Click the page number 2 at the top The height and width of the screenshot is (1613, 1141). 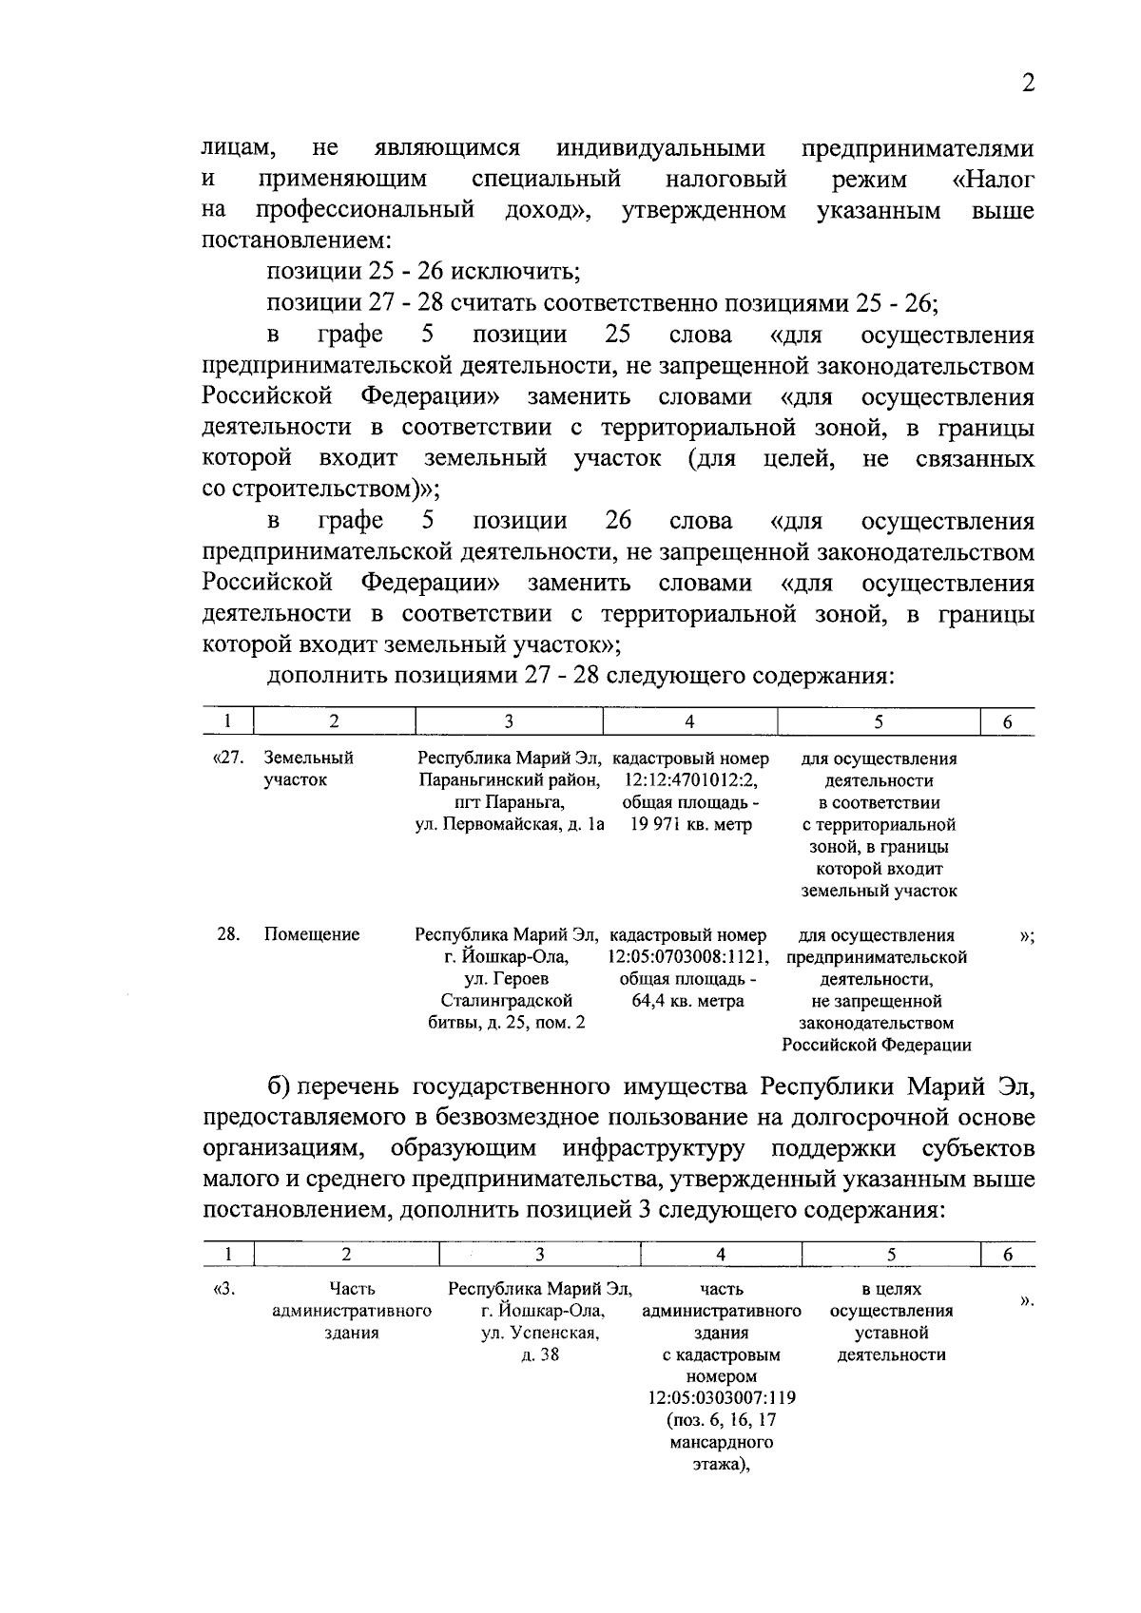1027,84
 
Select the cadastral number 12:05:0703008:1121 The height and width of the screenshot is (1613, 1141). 687,956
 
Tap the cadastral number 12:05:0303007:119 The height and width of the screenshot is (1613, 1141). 721,1398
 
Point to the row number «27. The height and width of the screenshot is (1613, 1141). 224,758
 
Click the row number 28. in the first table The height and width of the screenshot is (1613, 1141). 228,934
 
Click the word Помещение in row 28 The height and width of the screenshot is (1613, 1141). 312,934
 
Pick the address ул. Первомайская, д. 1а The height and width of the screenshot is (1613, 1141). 511,824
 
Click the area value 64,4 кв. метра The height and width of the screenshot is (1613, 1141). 687,1001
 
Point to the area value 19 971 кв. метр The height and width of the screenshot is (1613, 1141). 689,824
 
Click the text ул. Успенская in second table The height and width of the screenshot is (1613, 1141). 538,1333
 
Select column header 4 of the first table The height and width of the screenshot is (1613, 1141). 689,721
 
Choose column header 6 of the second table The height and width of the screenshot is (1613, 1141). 1008,1255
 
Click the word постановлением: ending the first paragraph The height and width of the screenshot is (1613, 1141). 296,240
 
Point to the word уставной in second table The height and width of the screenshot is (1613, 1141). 891,1333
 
